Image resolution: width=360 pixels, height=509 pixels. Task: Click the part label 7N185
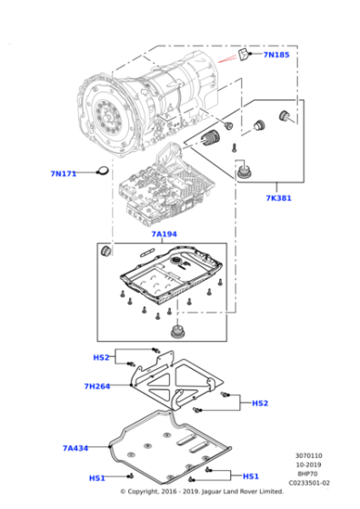pyautogui.click(x=276, y=55)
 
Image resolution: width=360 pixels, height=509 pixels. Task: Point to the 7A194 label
pyautogui.click(x=165, y=235)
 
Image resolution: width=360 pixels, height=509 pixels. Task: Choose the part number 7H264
pyautogui.click(x=96, y=386)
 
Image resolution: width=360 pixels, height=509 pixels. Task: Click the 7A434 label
pyautogui.click(x=76, y=448)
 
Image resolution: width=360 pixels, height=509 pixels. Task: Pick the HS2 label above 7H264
pyautogui.click(x=101, y=357)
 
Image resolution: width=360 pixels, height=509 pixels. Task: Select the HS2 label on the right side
pyautogui.click(x=259, y=404)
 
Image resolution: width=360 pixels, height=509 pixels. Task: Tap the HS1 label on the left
pyautogui.click(x=96, y=478)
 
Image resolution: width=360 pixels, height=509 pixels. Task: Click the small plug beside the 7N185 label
pyautogui.click(x=244, y=56)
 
